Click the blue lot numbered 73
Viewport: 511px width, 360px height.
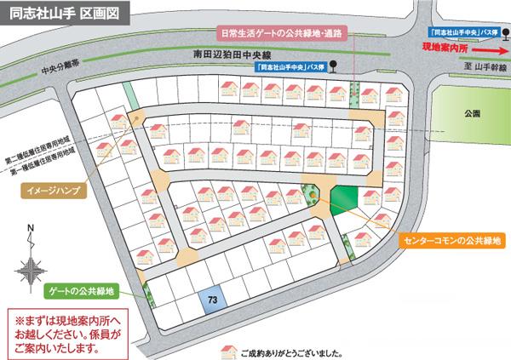tap(211, 300)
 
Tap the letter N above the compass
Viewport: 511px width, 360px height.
tap(30, 228)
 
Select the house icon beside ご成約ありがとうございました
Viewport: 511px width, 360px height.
tap(227, 349)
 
